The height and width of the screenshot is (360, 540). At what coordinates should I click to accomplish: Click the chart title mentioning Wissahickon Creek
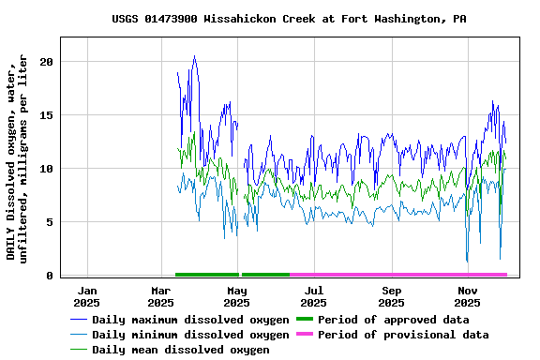[x=289, y=19]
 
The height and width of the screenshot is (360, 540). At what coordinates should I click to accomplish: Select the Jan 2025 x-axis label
[x=86, y=297]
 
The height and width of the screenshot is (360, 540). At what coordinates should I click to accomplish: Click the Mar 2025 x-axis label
[x=161, y=297]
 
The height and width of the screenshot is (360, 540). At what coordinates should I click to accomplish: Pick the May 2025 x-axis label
[x=237, y=297]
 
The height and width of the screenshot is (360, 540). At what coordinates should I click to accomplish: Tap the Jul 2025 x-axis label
[x=314, y=297]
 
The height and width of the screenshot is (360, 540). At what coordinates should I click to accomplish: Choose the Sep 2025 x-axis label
[x=392, y=297]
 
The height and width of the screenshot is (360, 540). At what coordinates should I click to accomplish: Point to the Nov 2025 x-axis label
[x=468, y=297]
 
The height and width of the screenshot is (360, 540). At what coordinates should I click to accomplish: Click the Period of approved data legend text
[x=393, y=320]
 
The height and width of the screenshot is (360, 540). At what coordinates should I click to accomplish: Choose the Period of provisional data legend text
[x=403, y=335]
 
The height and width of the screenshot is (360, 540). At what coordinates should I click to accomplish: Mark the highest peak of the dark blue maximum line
[x=194, y=56]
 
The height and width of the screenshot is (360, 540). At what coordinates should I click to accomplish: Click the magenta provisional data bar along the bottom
[x=398, y=275]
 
